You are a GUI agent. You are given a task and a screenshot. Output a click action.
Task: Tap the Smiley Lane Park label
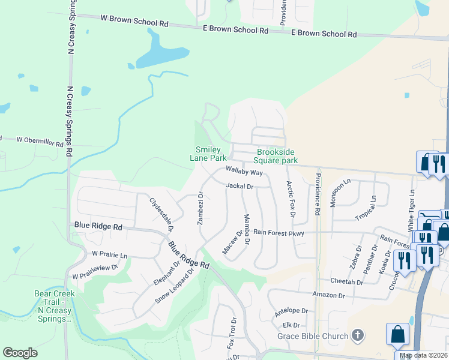[x=209, y=154]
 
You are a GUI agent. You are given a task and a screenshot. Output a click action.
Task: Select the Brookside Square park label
[x=276, y=156]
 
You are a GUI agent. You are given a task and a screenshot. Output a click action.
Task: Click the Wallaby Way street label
[x=244, y=172]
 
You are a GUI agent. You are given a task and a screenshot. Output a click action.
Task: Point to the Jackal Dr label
[x=240, y=187]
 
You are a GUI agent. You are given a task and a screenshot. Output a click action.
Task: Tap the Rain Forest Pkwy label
[x=279, y=232]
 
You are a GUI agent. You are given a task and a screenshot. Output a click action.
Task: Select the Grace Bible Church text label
[x=313, y=336]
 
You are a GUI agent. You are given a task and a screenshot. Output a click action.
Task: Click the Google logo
[x=20, y=353]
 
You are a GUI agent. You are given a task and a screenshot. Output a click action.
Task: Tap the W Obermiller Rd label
[x=40, y=142]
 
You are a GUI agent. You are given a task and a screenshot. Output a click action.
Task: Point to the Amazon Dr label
[x=328, y=295]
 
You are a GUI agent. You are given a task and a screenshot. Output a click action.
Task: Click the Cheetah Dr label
[x=347, y=281]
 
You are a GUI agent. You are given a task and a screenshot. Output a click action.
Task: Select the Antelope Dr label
[x=291, y=311]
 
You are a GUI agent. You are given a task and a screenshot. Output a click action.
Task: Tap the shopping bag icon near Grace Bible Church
[x=397, y=334]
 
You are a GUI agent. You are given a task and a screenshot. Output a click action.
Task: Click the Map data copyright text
[x=424, y=355]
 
